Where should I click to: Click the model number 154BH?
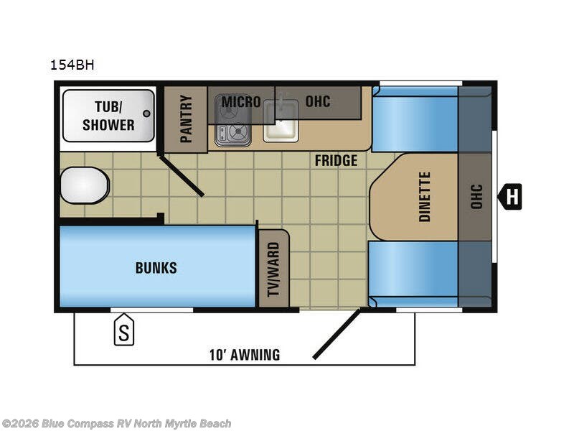click(x=72, y=65)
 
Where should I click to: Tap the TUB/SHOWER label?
click(x=108, y=116)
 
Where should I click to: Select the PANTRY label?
click(x=186, y=119)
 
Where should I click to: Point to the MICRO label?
click(x=240, y=101)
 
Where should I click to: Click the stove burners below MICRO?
click(x=232, y=131)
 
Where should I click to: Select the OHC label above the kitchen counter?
click(x=318, y=101)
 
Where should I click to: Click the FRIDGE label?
click(x=335, y=160)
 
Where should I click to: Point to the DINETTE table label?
click(x=424, y=196)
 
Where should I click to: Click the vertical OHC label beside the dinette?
click(x=476, y=196)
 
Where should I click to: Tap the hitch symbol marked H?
click(x=510, y=195)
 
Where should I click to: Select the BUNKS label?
click(x=156, y=268)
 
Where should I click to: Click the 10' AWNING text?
click(x=244, y=355)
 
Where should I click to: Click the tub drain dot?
click(x=147, y=113)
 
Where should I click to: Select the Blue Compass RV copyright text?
click(x=116, y=423)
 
